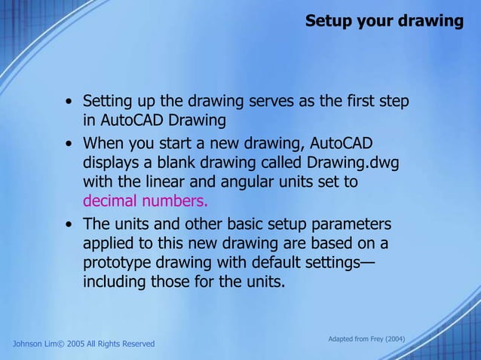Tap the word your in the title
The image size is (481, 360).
pyautogui.click(x=378, y=21)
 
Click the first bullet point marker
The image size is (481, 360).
pyautogui.click(x=69, y=102)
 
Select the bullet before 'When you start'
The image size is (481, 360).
pyautogui.click(x=69, y=144)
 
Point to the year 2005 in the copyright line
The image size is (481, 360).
pyautogui.click(x=78, y=344)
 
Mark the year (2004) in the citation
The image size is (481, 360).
pyautogui.click(x=396, y=339)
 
